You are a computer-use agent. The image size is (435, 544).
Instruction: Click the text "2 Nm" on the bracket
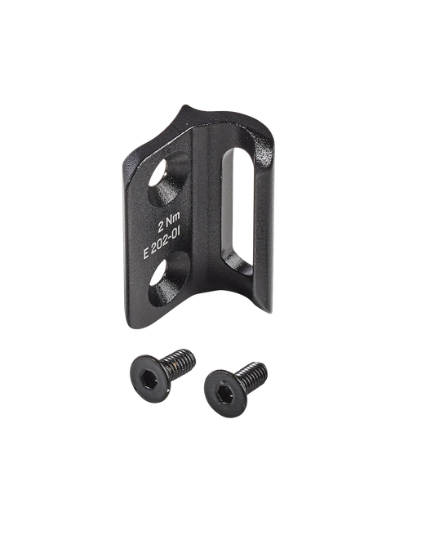pyautogui.click(x=169, y=222)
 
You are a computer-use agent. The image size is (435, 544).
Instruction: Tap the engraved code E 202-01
pyautogui.click(x=162, y=243)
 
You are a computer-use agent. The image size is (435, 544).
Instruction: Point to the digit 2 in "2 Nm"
pyautogui.click(x=161, y=228)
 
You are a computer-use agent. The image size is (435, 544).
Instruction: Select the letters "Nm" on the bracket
pyautogui.click(x=173, y=220)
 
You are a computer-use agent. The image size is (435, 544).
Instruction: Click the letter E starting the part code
pyautogui.click(x=146, y=254)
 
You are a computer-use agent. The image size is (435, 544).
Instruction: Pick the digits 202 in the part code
pyautogui.click(x=160, y=245)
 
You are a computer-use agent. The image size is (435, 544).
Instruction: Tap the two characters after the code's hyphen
pyautogui.click(x=176, y=234)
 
